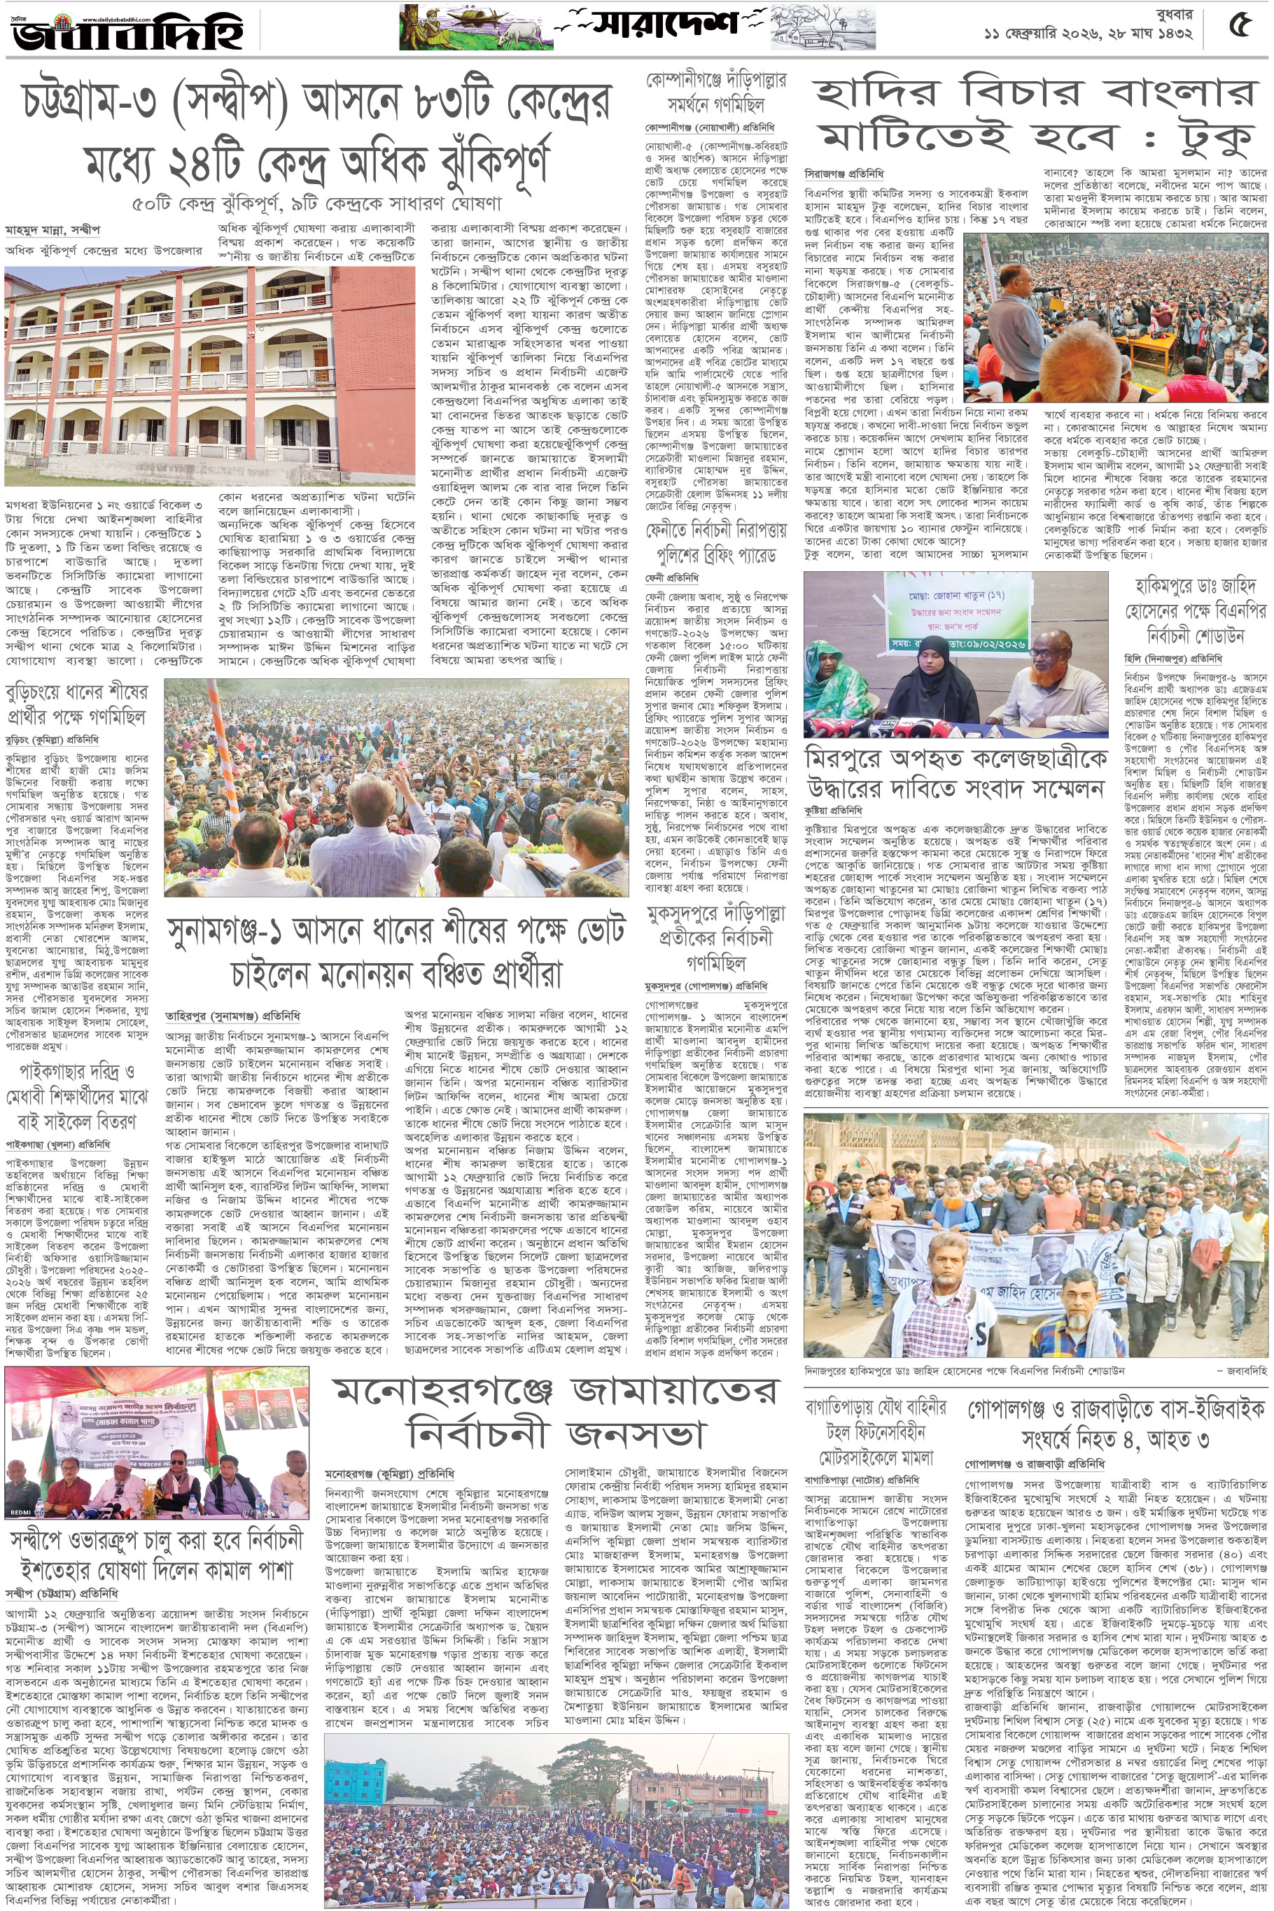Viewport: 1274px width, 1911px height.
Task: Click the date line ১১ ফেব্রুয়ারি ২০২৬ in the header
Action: point(1088,34)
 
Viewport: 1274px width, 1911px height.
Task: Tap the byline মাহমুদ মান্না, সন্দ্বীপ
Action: point(52,231)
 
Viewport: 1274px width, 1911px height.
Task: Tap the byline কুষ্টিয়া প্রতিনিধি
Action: point(833,811)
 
